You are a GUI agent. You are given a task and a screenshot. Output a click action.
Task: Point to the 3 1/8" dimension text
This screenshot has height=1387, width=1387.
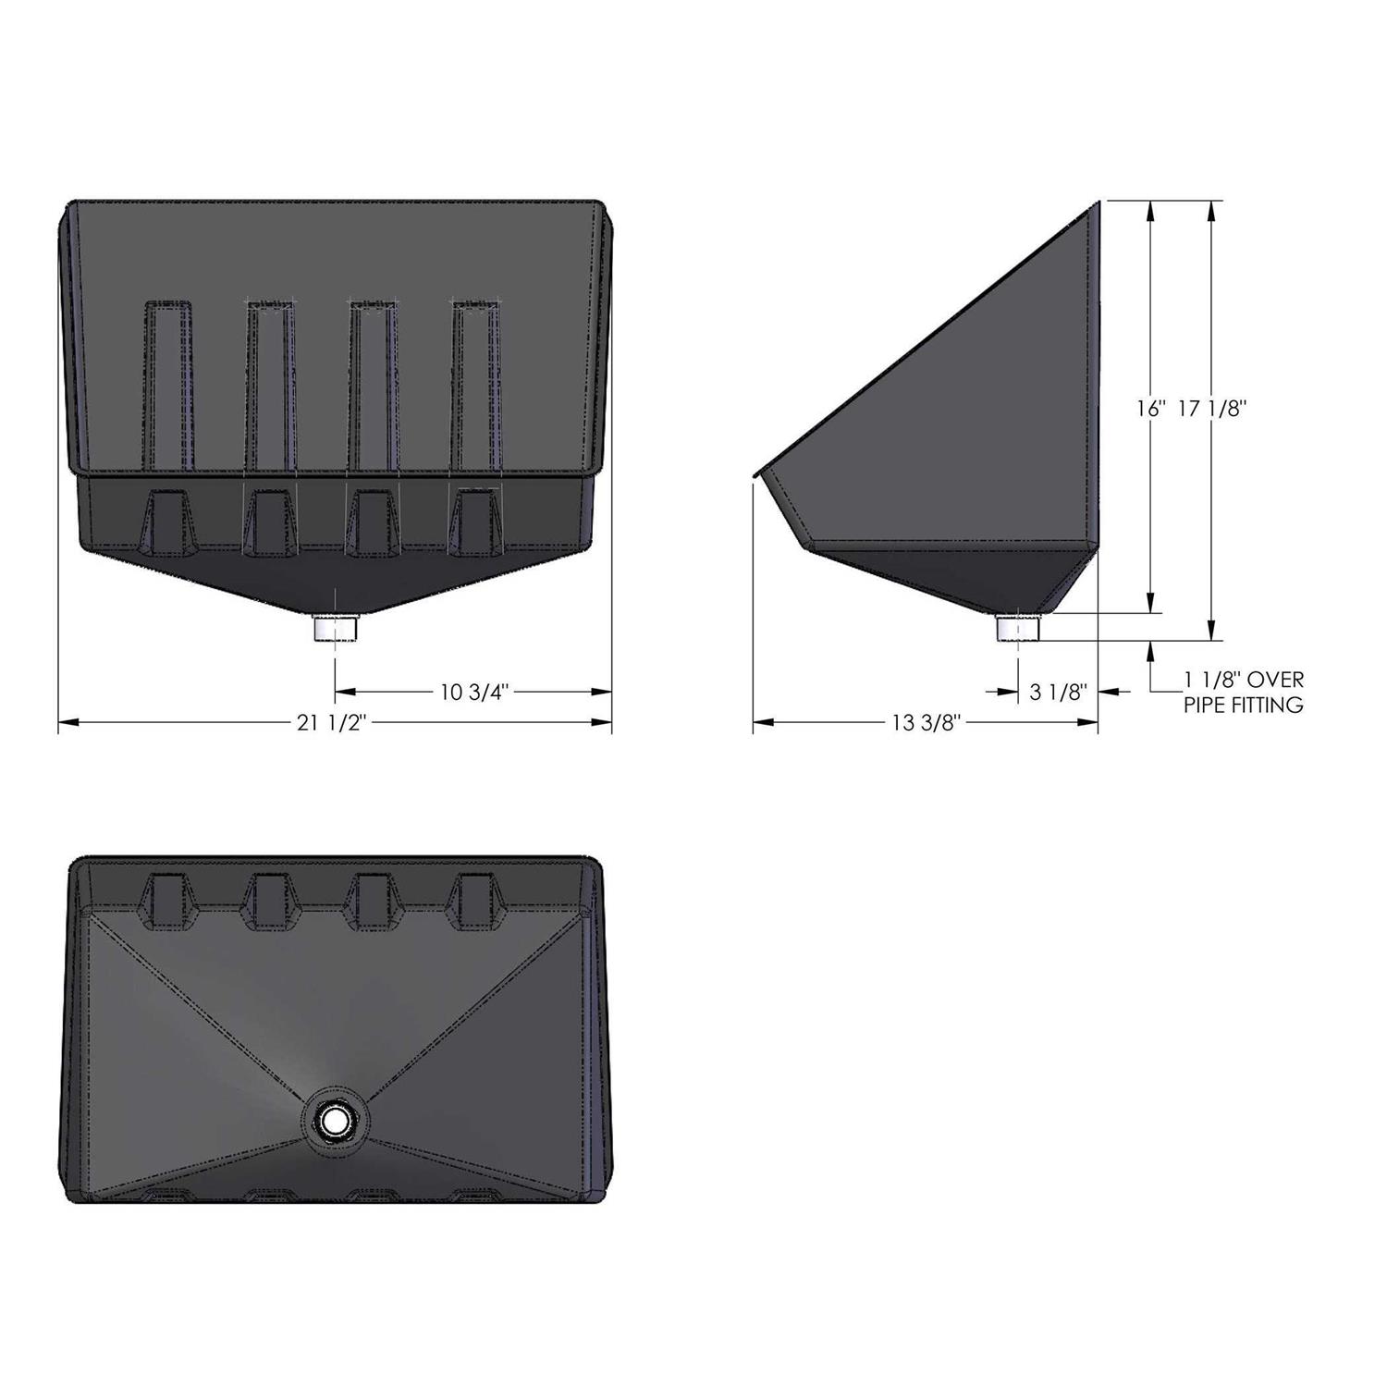coord(1057,692)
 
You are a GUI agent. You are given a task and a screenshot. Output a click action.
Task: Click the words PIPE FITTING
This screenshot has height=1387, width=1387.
coord(1243,706)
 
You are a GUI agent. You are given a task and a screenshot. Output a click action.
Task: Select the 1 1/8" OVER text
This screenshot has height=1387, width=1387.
coord(1243,681)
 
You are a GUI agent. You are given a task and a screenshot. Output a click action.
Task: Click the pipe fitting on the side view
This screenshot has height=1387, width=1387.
coord(1018,628)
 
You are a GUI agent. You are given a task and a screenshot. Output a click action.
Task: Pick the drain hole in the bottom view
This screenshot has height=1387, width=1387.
coord(334,1122)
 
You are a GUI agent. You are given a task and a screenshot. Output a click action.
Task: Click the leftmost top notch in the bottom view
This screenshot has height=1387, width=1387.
coord(168,899)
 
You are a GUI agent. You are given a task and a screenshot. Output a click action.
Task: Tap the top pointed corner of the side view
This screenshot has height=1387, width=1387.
coord(1097,204)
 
